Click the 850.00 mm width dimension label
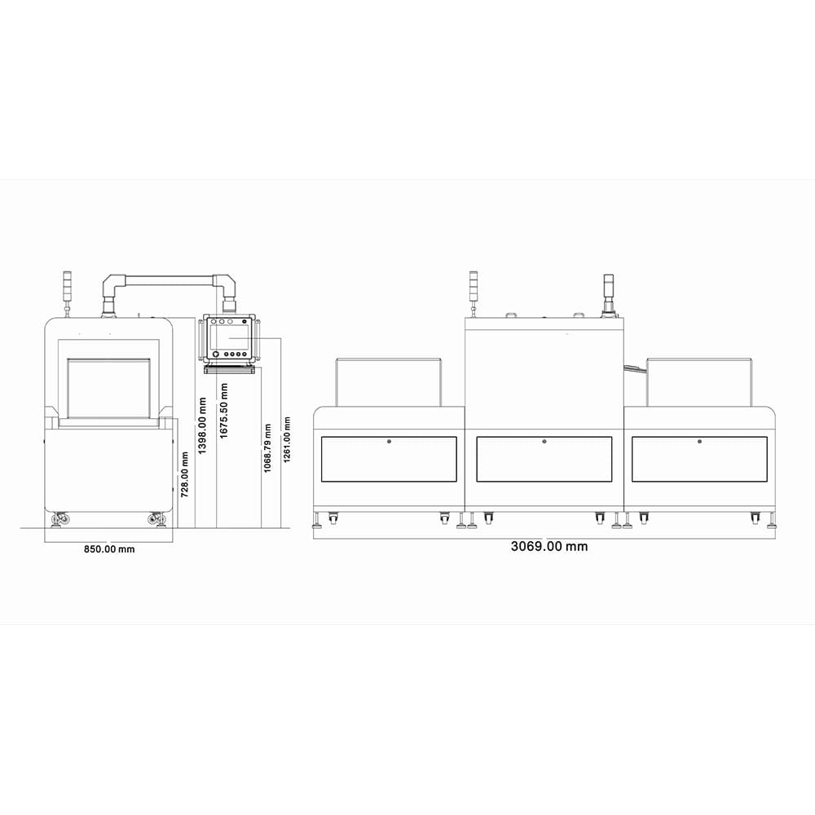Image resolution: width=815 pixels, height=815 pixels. click(x=109, y=548)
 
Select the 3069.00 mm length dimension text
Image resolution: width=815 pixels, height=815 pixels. click(x=549, y=546)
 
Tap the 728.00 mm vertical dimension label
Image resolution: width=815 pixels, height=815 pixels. click(x=184, y=474)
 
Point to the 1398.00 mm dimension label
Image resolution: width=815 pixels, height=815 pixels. click(x=203, y=425)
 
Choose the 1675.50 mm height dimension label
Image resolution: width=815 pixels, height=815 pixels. click(x=224, y=411)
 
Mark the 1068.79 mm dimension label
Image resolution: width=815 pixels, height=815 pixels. click(x=267, y=448)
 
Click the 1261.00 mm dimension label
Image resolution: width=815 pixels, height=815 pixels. click(x=287, y=440)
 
